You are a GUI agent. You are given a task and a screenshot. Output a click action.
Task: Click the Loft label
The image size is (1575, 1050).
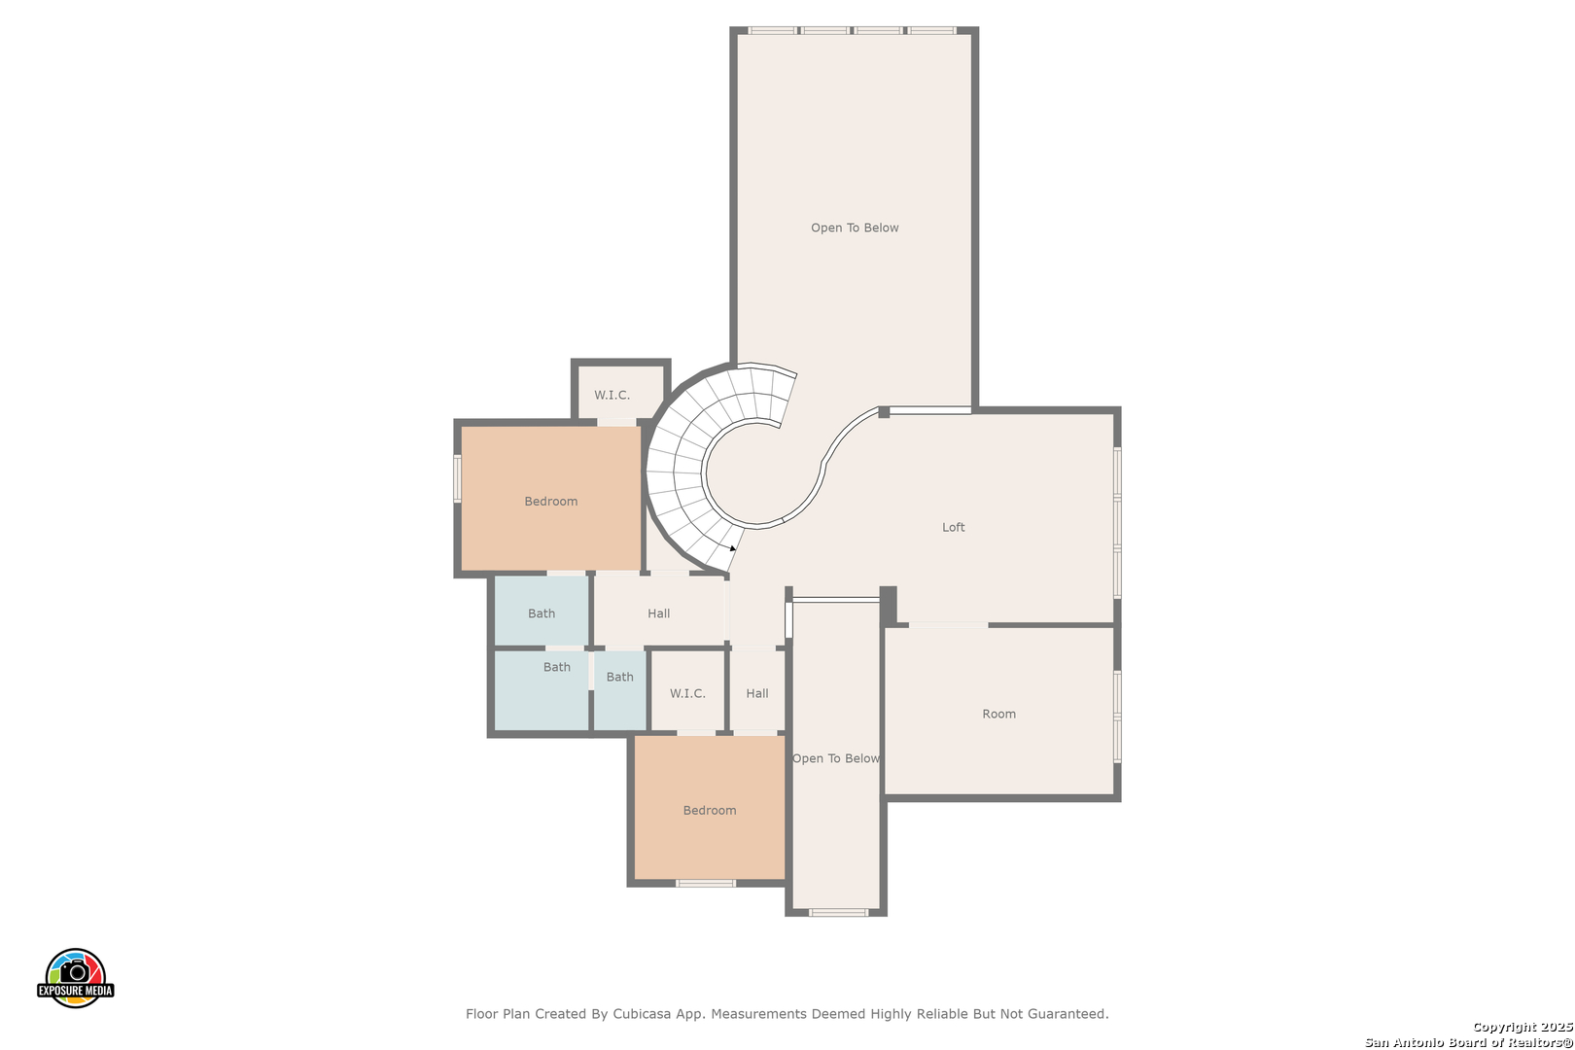pos(953,527)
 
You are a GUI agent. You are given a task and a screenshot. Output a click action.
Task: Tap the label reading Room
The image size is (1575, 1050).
pos(998,714)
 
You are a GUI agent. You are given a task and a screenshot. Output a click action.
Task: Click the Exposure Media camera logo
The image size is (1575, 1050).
pos(75,977)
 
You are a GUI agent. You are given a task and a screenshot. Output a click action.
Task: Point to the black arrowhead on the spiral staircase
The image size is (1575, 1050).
pos(733,548)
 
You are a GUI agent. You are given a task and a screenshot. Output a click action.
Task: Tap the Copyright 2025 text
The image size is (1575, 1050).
pos(1522,1027)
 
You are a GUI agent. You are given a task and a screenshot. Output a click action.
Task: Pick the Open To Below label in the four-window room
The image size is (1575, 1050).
pos(855,227)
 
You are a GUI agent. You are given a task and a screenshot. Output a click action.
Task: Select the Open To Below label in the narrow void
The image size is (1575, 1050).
pos(836,758)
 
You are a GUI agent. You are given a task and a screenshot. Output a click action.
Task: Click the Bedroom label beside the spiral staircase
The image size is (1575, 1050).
pos(550,502)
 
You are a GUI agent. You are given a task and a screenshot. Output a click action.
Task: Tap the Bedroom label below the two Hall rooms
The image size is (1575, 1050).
pos(710,810)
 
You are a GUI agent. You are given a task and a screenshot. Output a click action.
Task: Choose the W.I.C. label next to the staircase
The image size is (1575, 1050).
pos(612,396)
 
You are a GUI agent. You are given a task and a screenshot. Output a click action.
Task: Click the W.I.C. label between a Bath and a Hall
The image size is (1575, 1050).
pos(687,693)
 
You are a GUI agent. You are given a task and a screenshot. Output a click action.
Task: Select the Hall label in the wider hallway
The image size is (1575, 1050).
pos(658,613)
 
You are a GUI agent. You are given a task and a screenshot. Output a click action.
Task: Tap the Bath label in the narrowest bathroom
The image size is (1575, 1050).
pos(619,677)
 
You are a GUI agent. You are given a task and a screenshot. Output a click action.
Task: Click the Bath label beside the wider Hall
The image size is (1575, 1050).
pos(542,613)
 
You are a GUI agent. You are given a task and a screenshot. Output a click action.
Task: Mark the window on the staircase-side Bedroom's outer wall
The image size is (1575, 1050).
pos(457,478)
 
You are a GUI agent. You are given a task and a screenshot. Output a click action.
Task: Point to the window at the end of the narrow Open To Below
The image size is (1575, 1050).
pos(838,912)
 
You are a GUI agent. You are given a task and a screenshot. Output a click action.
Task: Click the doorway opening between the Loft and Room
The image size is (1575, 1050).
pos(949,624)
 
